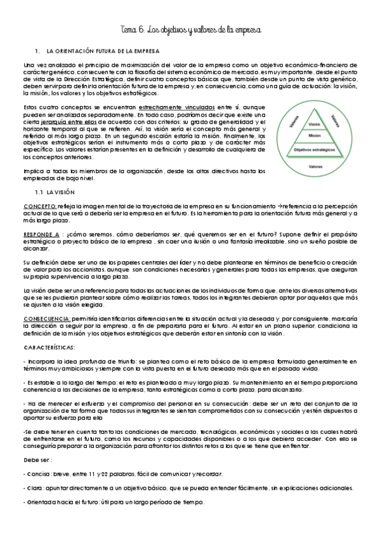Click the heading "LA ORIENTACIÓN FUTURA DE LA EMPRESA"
(103, 49)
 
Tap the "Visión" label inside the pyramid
(313, 124)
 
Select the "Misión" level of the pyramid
(313, 136)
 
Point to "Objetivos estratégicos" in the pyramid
(313, 150)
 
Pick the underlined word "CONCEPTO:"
(39, 206)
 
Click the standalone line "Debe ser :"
(37, 460)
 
